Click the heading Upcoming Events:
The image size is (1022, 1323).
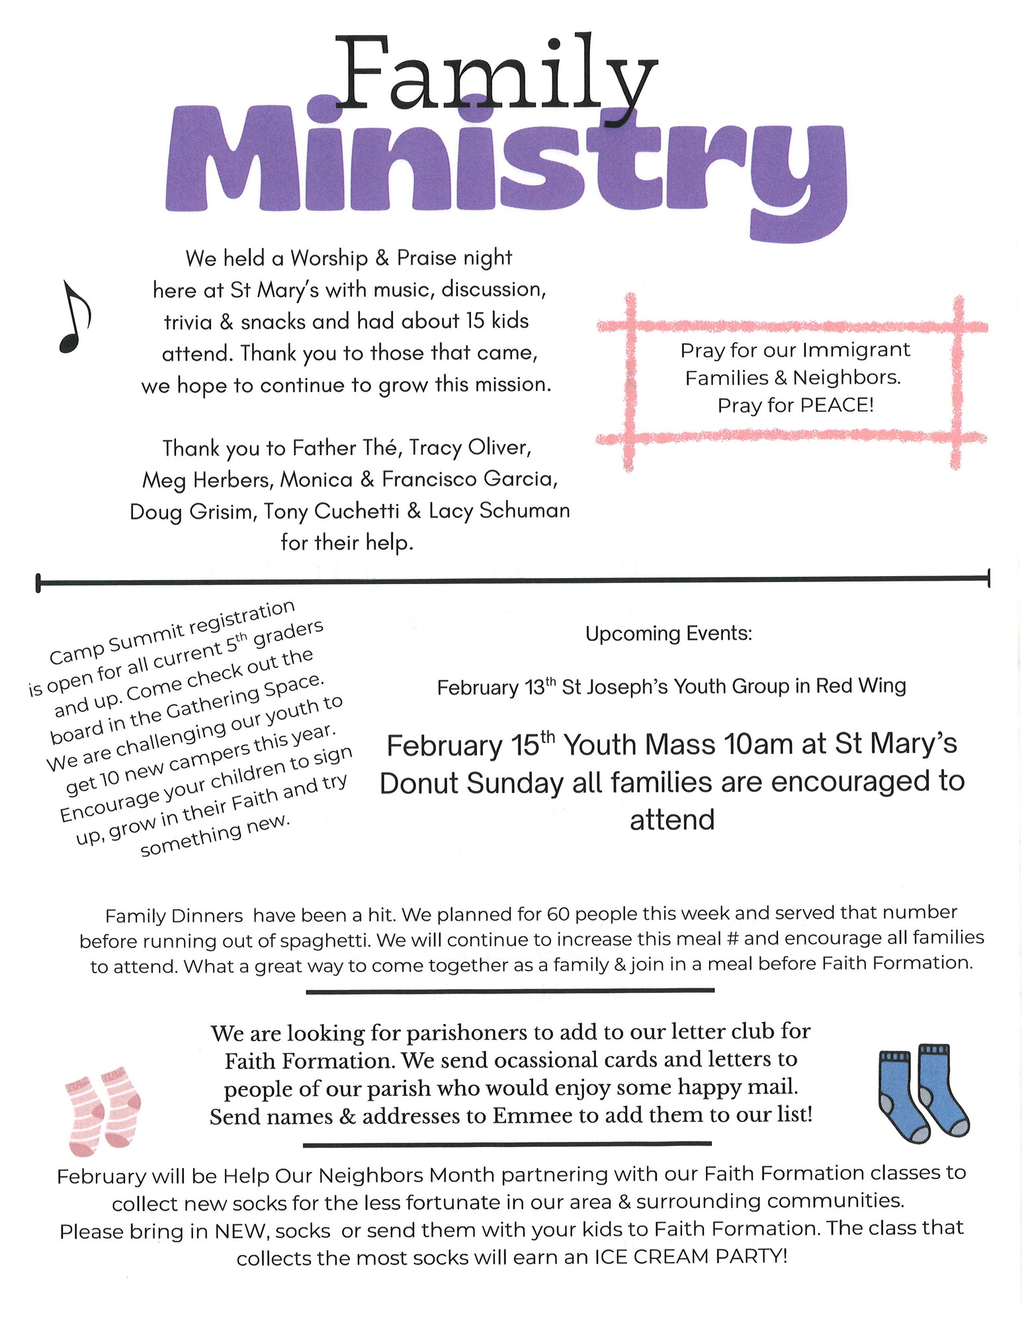[669, 634]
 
